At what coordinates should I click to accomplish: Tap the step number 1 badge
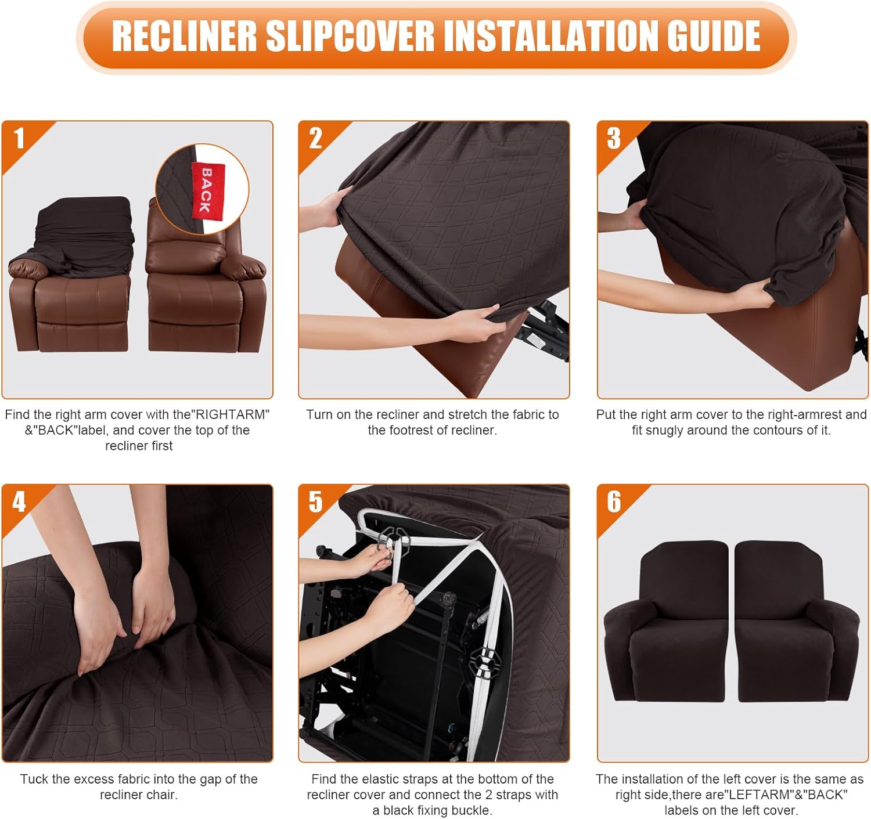[x=19, y=139]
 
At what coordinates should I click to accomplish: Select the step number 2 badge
[x=315, y=139]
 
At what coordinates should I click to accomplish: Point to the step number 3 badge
[x=614, y=139]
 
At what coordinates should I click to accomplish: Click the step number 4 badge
[x=19, y=502]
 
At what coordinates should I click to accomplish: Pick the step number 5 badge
[x=315, y=502]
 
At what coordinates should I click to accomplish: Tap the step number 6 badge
[x=614, y=502]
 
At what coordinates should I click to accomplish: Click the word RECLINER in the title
[x=184, y=36]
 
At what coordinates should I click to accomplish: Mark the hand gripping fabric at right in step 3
[x=752, y=296]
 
